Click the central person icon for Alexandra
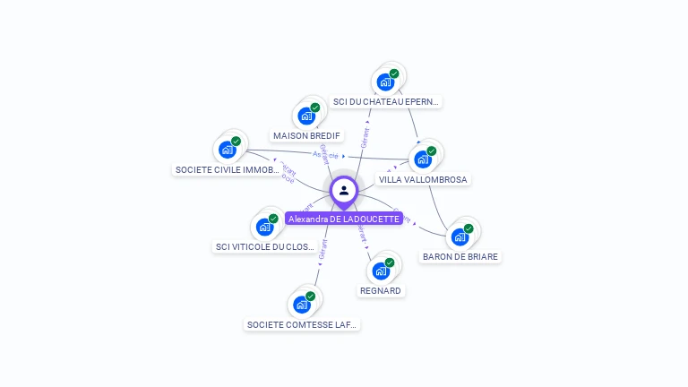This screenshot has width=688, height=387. coord(344,190)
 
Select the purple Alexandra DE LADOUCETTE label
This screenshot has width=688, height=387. coord(344,219)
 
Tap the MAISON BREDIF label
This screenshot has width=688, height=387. coord(307,136)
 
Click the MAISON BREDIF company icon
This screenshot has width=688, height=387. coord(307,116)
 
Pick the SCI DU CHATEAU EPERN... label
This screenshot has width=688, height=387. coord(386,102)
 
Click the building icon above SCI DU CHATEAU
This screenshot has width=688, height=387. coord(386,82)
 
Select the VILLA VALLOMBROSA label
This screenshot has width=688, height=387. coord(423,179)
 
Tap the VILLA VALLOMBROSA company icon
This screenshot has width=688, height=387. coord(423,159)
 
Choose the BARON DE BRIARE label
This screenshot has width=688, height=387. coord(460,256)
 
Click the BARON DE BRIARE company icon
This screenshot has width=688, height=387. coord(460,236)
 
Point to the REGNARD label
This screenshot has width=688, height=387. coord(381,290)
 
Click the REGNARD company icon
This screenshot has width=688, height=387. coord(381,271)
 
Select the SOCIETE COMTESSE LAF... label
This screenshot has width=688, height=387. coord(302,324)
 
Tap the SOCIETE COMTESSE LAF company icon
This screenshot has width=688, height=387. coord(302,305)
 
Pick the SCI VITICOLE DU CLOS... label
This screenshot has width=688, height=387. coord(265,246)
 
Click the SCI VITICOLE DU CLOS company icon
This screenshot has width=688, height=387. coord(265,227)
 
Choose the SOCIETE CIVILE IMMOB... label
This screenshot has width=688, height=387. coord(228,169)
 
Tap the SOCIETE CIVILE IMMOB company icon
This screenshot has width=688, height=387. coord(228,150)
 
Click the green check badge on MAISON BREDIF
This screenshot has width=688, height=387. coord(315,107)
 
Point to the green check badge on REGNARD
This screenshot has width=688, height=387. coord(389,262)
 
